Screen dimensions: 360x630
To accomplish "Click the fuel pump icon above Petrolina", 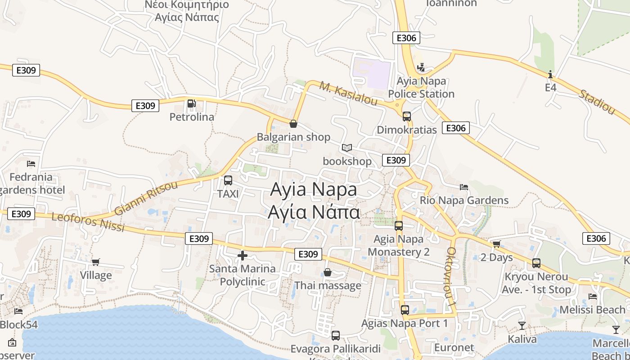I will pos(191,104).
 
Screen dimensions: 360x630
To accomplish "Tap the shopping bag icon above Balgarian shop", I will pos(293,124).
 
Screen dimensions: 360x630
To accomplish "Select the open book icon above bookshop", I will pos(346,148).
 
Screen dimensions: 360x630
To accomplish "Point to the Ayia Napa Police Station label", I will pos(421,88).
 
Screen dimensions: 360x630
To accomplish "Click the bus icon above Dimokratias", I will pos(407,117).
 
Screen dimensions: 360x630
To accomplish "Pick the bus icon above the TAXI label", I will pos(228,180).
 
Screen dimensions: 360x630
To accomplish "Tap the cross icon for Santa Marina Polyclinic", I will pos(243,256).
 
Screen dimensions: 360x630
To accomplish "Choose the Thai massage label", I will pos(328,286).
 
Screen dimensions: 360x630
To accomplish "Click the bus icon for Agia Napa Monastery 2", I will pos(399,226).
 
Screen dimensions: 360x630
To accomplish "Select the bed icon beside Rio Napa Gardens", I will pos(464,187).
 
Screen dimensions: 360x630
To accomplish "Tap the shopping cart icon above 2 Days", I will pos(496,244).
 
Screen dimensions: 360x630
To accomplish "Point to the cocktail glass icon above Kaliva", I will pos(522,325).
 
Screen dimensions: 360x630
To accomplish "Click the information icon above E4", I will pos(550,74).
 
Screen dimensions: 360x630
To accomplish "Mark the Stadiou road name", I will pos(597,102).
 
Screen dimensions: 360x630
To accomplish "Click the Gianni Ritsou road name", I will pos(146,198).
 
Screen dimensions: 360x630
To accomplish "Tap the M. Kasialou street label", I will pos(349,94).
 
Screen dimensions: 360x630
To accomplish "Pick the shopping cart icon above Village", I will pos(95,262).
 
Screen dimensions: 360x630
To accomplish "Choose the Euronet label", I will pos(454,347).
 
